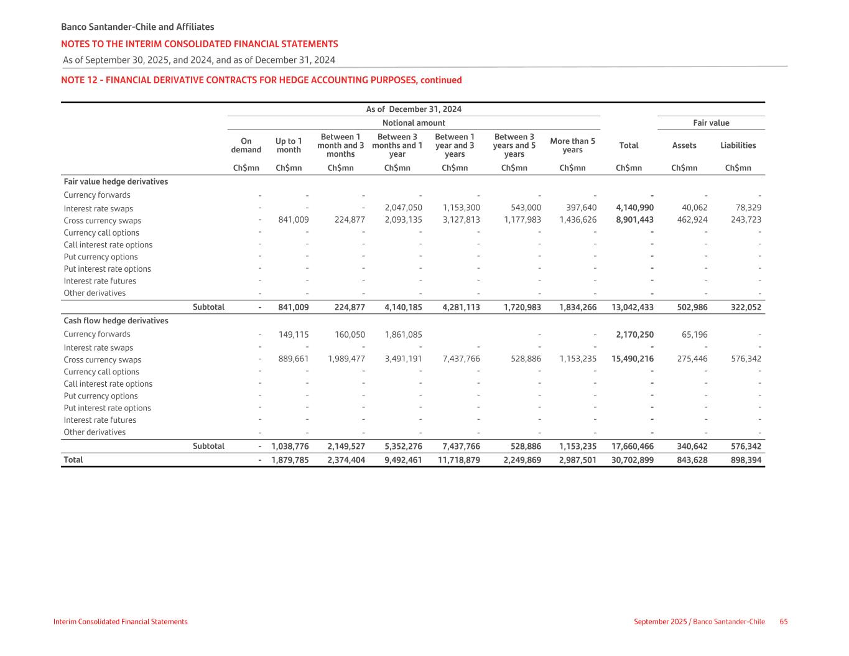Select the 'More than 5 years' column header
point(572,146)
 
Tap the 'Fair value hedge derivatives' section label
point(116,182)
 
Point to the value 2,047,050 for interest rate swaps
point(404,208)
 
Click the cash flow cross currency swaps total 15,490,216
point(633,359)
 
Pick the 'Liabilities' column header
point(738,146)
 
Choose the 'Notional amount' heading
point(414,123)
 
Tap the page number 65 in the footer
point(784,622)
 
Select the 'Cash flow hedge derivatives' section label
point(116,321)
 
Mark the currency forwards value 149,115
point(294,335)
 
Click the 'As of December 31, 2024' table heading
point(414,109)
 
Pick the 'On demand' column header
point(246,146)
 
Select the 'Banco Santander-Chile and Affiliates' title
point(137,27)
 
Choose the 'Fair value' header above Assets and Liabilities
point(711,123)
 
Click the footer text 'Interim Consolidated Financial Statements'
point(120,622)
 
